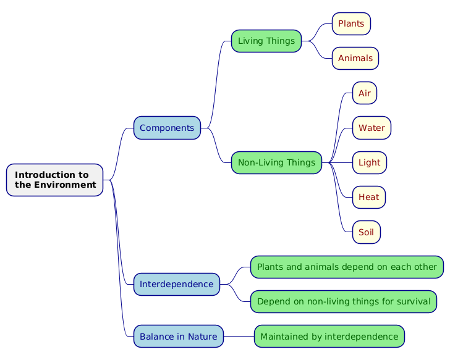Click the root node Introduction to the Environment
(54, 180)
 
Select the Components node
(167, 128)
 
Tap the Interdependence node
(177, 284)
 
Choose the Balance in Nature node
(179, 337)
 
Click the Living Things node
(266, 41)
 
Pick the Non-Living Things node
(276, 162)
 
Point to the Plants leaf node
(351, 23)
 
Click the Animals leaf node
(355, 58)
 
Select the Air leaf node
(365, 93)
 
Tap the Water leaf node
(371, 128)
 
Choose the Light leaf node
(370, 162)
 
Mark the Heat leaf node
(369, 197)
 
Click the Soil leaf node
(366, 232)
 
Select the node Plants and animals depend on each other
(347, 267)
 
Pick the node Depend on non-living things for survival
(344, 301)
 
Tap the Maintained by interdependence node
(329, 337)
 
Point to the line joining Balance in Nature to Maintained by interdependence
(239, 337)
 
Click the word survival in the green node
(412, 301)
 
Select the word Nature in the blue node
(202, 337)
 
